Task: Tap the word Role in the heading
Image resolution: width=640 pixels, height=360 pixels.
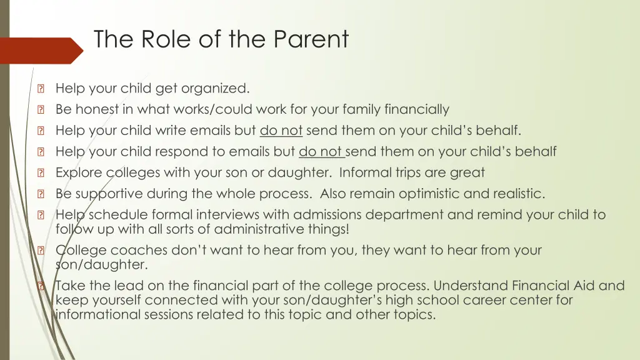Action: click(167, 39)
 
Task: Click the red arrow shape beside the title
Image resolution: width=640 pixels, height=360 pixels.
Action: click(40, 51)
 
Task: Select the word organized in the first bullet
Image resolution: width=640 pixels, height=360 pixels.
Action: click(216, 88)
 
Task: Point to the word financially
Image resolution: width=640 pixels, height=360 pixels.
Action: click(417, 109)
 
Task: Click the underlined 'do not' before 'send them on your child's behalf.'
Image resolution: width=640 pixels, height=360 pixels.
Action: click(281, 131)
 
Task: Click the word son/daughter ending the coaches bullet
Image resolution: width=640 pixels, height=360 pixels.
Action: click(102, 264)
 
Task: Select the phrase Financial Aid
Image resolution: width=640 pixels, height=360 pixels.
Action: click(549, 286)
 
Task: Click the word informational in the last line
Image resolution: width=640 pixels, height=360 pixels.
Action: click(101, 314)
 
